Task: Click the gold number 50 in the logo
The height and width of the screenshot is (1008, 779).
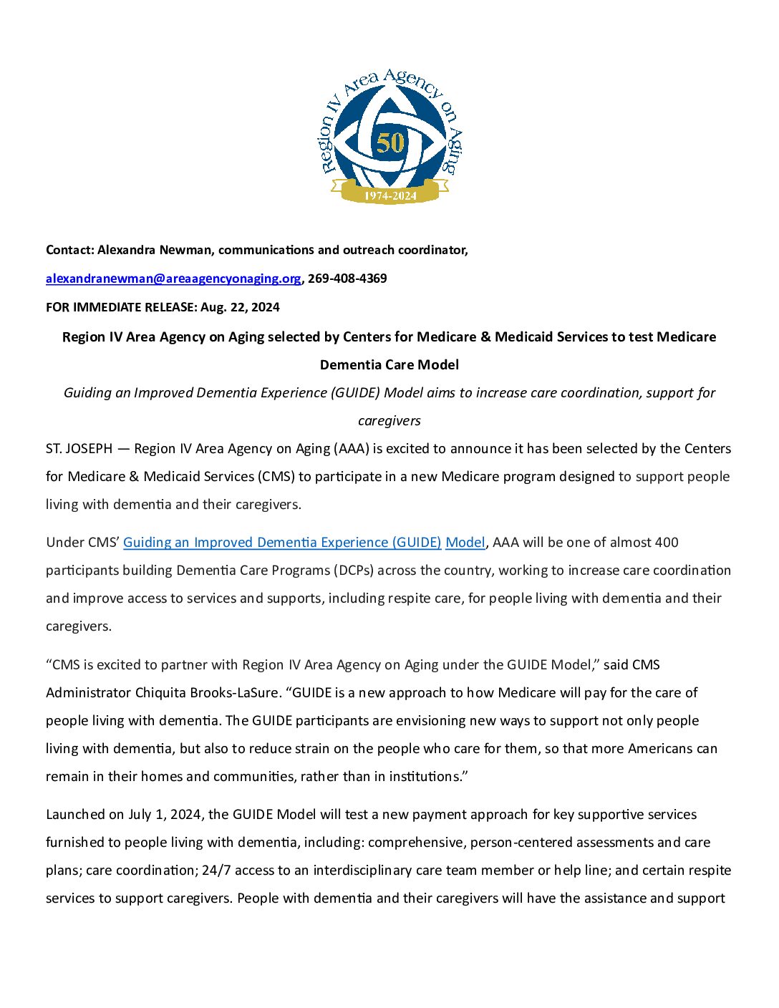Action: coord(390,142)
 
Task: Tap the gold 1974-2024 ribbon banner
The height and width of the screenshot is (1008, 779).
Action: coord(390,194)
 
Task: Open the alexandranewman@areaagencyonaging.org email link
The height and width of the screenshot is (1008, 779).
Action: coord(173,278)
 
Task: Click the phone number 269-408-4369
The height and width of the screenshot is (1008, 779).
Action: coord(347,278)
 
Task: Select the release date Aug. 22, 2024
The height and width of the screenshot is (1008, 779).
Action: coord(240,307)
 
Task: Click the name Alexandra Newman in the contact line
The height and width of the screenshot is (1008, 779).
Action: coord(155,250)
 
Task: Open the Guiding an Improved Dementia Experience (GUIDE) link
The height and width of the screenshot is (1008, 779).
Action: coord(282,543)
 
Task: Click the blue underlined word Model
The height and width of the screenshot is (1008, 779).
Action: coord(465,543)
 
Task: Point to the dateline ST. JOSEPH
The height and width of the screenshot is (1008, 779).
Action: coord(79,449)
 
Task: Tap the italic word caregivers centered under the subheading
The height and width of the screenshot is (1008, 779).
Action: coord(389,421)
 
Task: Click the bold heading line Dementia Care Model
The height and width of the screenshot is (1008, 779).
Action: coord(389,365)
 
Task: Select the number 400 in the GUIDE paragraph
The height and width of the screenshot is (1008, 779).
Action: coord(666,543)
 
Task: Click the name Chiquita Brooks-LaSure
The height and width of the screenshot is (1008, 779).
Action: coord(207,693)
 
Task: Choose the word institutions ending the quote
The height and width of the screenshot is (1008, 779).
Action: coord(425,777)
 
